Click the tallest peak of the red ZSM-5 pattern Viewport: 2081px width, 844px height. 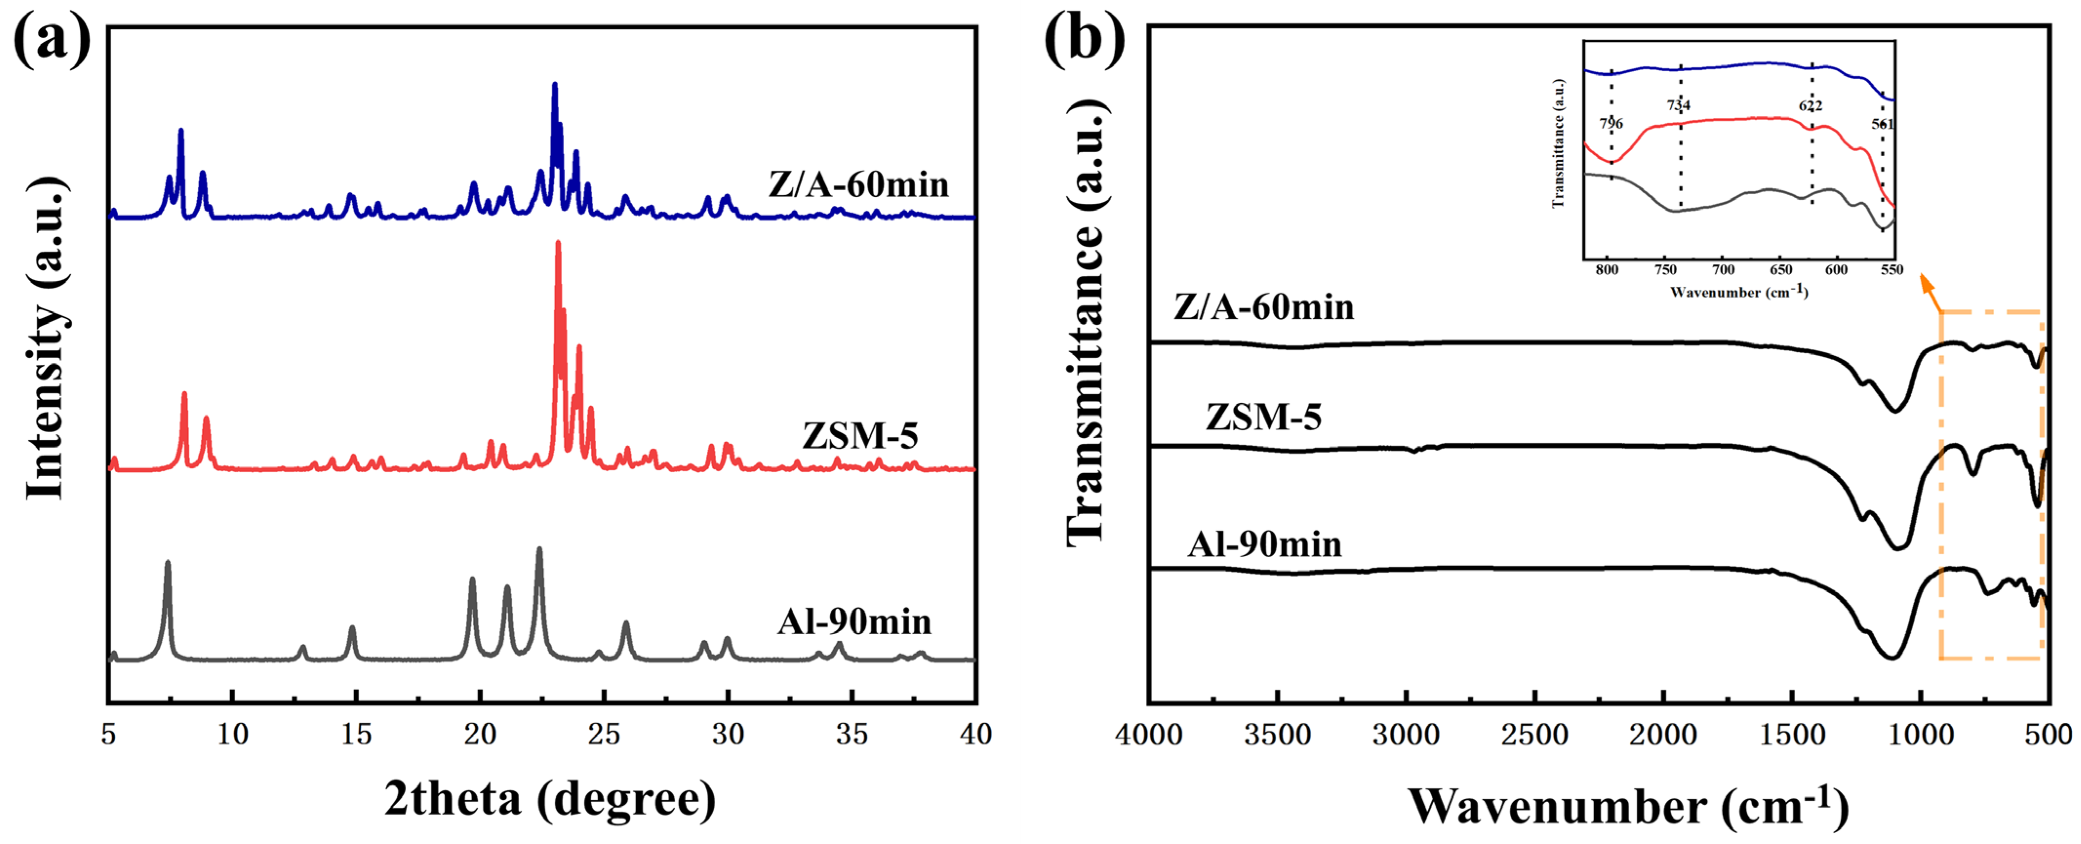[x=558, y=244]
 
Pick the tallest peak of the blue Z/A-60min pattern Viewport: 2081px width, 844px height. [x=554, y=85]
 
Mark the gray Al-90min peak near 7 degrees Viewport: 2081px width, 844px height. [x=167, y=563]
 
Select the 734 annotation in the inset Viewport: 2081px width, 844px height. [x=1678, y=105]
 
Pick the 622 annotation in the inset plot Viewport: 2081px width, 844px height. [x=1810, y=106]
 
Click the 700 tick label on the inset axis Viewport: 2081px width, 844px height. [x=1723, y=270]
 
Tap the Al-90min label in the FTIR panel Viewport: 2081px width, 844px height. [x=1264, y=545]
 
